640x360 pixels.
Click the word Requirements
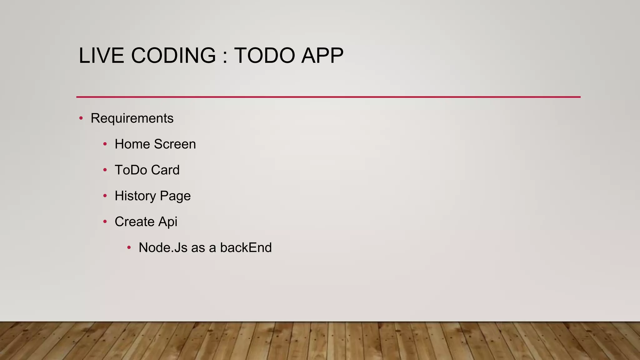click(132, 118)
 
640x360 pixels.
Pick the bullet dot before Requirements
click(81, 118)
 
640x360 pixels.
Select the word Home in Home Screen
click(132, 144)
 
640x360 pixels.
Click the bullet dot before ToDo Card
click(105, 170)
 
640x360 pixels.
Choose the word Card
click(165, 170)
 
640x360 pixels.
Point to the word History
click(135, 196)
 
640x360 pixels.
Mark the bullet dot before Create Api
click(105, 222)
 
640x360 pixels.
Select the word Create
click(134, 222)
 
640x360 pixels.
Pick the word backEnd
click(246, 247)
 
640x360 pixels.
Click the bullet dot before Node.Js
click(129, 248)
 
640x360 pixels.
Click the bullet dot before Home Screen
click(105, 144)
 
